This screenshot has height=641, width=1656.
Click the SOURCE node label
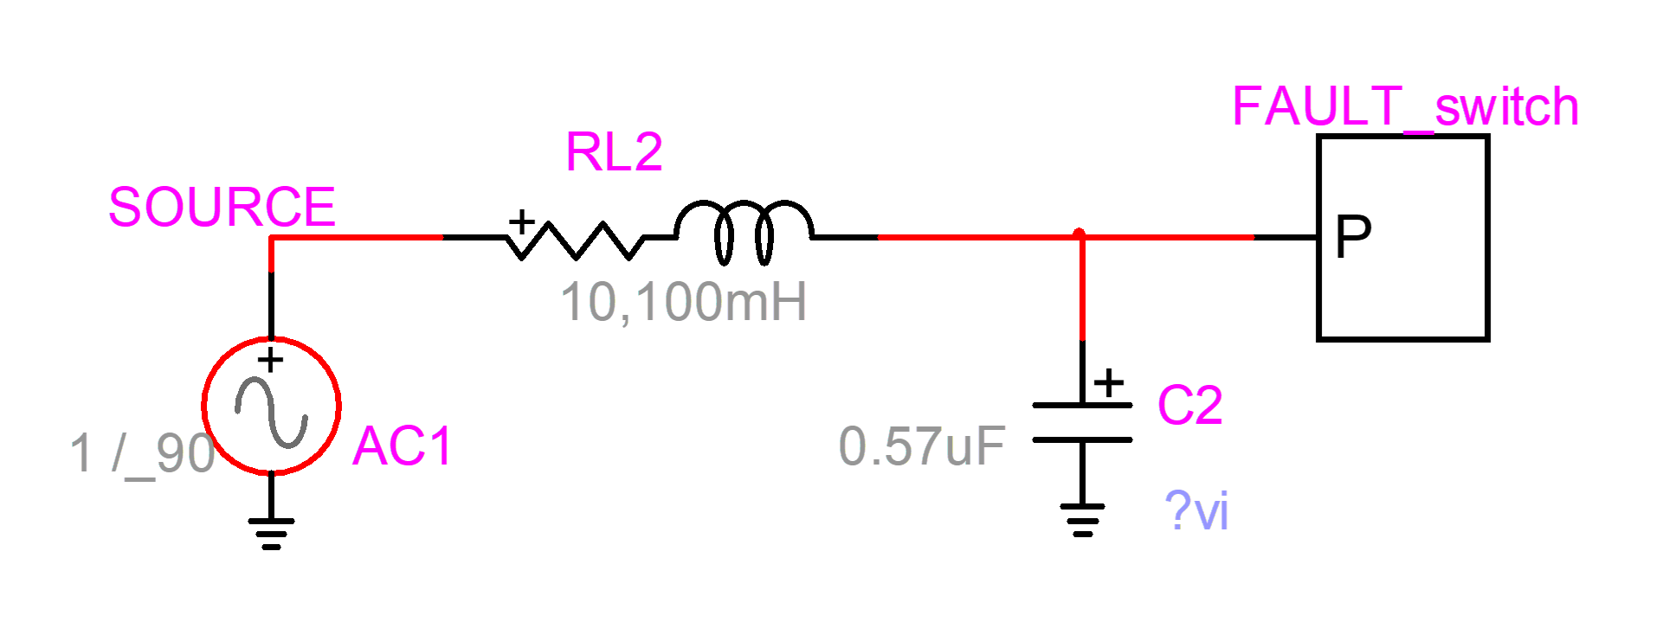point(222,208)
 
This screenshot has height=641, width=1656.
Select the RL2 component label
point(614,153)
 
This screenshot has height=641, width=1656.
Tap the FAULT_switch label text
point(1404,107)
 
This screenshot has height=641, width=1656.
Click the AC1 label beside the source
point(403,447)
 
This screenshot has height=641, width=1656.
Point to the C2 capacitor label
point(1189,406)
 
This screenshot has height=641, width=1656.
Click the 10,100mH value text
point(683,302)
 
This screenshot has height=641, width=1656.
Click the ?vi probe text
point(1196,511)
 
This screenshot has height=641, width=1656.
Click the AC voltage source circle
point(271,406)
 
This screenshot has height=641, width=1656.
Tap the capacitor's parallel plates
point(1082,422)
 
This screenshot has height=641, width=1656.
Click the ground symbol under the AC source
point(271,533)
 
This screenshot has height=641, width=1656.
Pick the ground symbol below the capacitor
point(1082,520)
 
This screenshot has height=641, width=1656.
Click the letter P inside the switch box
point(1353,236)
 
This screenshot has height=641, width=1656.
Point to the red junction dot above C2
point(1079,234)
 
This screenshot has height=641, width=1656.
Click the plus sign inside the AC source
point(271,359)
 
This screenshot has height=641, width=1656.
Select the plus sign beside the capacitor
point(1109,382)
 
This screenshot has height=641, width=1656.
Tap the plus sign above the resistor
point(521,221)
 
